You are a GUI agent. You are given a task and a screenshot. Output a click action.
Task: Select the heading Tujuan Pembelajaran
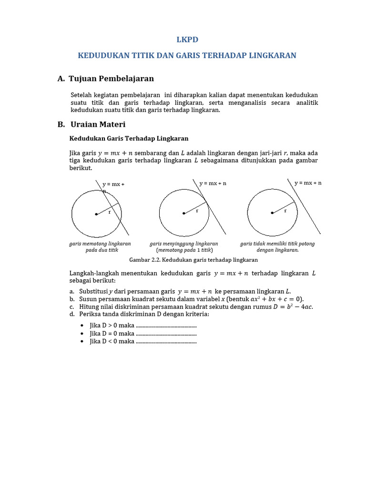[x=111, y=79]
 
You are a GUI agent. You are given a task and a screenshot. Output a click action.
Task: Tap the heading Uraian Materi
[x=98, y=124]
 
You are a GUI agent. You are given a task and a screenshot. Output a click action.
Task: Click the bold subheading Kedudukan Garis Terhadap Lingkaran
[x=129, y=139]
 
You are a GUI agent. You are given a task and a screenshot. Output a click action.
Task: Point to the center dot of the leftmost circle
[x=96, y=214]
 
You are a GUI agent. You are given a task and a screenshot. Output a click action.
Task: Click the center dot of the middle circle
[x=184, y=213]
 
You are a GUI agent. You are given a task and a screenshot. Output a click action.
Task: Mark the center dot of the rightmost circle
[x=272, y=213]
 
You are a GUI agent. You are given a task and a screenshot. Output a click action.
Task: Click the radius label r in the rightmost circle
[x=285, y=210]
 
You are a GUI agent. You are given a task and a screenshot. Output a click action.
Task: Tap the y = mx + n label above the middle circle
[x=213, y=183]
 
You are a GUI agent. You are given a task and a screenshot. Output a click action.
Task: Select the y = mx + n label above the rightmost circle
[x=308, y=183]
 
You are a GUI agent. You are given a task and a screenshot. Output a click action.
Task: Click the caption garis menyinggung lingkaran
[x=184, y=244]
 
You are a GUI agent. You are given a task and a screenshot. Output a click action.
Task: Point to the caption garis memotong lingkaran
[x=100, y=244]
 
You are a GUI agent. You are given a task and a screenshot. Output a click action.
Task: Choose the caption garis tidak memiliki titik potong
[x=277, y=244]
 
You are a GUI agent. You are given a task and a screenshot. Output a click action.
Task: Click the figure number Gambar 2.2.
[x=143, y=260]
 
